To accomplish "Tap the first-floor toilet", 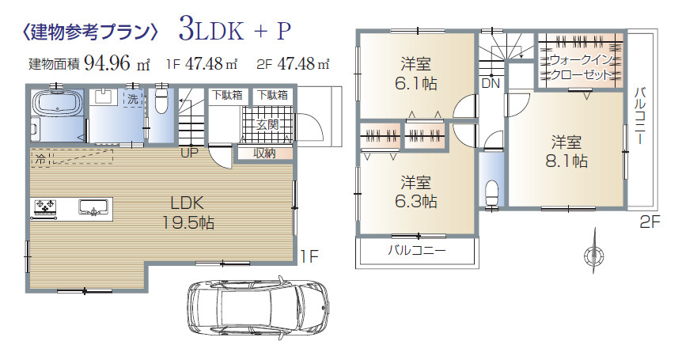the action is (x=161, y=100).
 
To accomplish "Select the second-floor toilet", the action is (x=491, y=192).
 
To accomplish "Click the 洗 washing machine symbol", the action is (x=133, y=99).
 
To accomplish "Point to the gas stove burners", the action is (x=45, y=205).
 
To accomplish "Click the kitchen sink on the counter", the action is (x=93, y=207).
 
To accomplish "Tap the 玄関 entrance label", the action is (x=267, y=125).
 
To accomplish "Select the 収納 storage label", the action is (x=264, y=153).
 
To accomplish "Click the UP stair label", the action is (x=189, y=153).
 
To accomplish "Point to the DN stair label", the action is (x=491, y=83).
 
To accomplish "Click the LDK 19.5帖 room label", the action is (x=188, y=213).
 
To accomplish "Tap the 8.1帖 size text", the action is (x=566, y=161).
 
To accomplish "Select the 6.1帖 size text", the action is (x=416, y=83).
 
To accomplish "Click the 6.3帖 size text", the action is (x=416, y=201).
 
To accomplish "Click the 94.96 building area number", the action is (x=107, y=63).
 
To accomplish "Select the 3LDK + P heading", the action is (x=234, y=30).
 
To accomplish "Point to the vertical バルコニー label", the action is (x=640, y=116).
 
